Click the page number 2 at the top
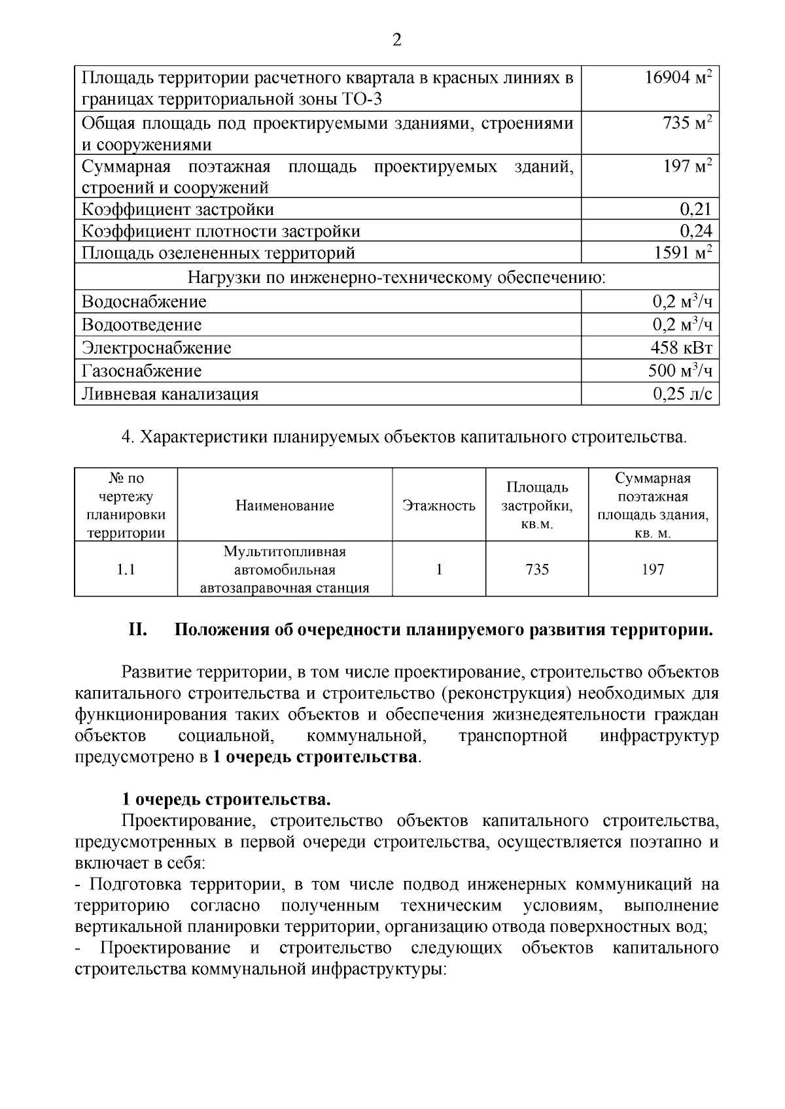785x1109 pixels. (396, 41)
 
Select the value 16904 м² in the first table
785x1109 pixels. (678, 78)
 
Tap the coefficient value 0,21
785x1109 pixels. (695, 209)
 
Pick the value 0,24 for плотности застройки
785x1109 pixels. (695, 231)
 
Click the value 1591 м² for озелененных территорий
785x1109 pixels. (682, 253)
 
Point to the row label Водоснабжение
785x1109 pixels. (144, 302)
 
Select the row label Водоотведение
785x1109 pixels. (141, 325)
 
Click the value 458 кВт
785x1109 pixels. (681, 348)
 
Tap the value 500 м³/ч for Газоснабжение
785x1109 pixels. (680, 371)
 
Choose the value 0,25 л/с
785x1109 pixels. (682, 394)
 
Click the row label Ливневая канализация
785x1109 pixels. (170, 394)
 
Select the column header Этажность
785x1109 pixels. (439, 506)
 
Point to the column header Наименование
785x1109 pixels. (285, 506)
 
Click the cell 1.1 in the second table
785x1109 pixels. (126, 570)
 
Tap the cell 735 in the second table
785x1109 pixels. (537, 570)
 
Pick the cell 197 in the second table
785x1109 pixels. (652, 570)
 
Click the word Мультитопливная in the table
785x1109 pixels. (285, 552)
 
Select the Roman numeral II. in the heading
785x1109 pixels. (138, 630)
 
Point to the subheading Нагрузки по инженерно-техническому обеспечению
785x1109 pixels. (396, 278)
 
